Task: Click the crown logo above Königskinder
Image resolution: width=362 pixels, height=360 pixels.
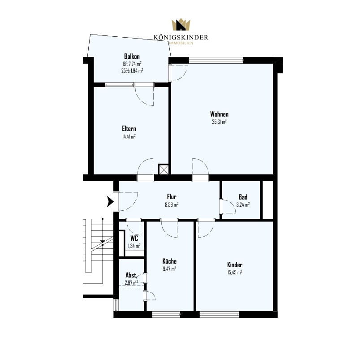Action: (181, 25)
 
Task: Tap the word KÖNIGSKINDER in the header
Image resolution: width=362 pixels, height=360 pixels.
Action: (181, 37)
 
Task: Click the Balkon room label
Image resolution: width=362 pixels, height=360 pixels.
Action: (132, 56)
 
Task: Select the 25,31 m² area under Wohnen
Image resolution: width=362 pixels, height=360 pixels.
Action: (219, 122)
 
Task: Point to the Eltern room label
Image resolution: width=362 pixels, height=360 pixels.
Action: (129, 129)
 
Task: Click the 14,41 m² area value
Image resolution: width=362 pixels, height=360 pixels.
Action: (129, 136)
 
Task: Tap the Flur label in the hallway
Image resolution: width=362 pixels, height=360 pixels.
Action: (172, 197)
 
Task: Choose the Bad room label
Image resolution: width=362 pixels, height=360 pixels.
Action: (243, 197)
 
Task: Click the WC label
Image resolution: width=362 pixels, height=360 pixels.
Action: (134, 238)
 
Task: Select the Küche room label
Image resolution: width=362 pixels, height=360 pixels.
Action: (169, 261)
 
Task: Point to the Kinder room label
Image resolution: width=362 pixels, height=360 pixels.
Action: (235, 265)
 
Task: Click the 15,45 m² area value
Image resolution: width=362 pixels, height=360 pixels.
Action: (235, 273)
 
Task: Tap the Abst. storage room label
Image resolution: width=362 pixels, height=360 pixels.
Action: (131, 275)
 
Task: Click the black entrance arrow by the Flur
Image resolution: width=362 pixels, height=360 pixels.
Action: (110, 201)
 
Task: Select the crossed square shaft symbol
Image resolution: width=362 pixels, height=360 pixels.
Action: (164, 169)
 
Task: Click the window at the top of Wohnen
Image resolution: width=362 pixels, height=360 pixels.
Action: (216, 61)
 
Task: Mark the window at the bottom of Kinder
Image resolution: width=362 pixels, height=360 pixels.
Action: (220, 314)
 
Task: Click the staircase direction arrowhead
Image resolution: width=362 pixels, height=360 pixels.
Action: (103, 242)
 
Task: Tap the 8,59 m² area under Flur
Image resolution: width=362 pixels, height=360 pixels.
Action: (172, 204)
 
